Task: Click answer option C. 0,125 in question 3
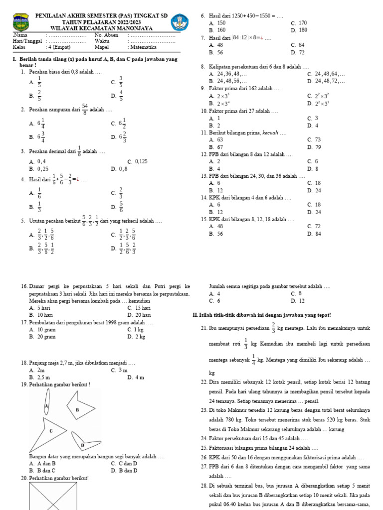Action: pyautogui.click(x=138, y=161)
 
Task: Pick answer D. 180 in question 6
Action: pyautogui.click(x=299, y=30)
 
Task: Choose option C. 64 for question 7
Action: pyautogui.click(x=298, y=45)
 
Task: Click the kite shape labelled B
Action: pyautogui.click(x=76, y=410)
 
